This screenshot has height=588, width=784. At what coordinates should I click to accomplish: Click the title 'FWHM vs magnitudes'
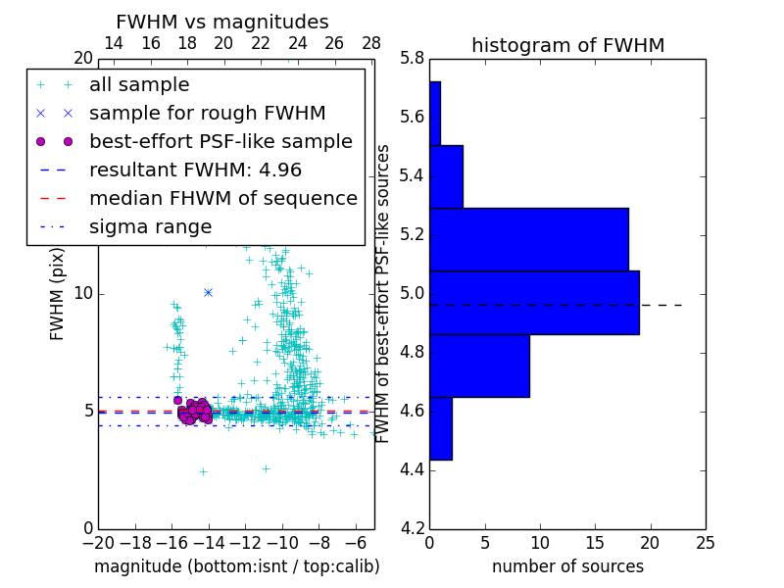(222, 22)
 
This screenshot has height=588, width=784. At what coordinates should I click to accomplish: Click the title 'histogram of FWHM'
(567, 45)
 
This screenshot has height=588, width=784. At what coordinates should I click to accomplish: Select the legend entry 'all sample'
(139, 85)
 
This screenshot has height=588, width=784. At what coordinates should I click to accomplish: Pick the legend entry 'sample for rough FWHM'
(207, 113)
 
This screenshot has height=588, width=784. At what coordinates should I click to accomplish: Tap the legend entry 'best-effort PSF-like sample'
(220, 141)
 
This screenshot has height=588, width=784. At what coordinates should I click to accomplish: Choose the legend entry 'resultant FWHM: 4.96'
(195, 170)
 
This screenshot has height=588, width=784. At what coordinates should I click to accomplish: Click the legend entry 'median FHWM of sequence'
(222, 198)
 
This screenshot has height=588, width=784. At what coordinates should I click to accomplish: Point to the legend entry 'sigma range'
(150, 226)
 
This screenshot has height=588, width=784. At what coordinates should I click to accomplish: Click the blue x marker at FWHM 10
(208, 292)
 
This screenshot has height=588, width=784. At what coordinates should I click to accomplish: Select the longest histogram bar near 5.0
(534, 303)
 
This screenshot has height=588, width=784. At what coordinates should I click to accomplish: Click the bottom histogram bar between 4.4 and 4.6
(440, 428)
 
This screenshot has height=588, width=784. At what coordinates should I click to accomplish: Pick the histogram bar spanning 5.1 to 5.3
(528, 239)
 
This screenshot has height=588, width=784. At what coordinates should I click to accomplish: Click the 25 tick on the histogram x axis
(705, 542)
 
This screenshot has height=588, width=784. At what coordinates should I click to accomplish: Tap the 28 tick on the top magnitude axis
(371, 43)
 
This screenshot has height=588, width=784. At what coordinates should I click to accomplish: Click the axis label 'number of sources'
(567, 566)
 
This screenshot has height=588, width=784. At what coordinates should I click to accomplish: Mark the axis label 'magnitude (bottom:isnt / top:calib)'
(236, 566)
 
